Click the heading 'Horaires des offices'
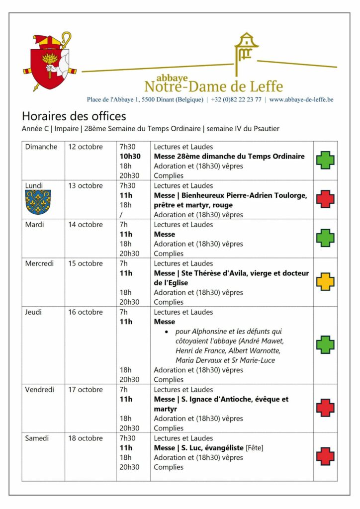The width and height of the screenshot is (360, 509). [x=74, y=116]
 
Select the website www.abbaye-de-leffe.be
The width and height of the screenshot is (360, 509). [x=301, y=99]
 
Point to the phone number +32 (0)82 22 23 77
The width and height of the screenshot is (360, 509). [x=236, y=99]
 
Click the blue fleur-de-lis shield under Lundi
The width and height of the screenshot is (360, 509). [x=38, y=200]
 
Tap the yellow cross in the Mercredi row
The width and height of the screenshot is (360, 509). [x=325, y=282]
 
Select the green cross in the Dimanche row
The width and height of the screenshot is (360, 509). [x=325, y=161]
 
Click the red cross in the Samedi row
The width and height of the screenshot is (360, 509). [x=325, y=456]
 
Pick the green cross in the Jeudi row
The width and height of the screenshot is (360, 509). [x=325, y=344]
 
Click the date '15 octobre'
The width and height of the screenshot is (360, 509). [x=86, y=263]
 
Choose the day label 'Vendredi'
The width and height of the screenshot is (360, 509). [x=40, y=390]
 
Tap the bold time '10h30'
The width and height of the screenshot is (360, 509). [x=130, y=157]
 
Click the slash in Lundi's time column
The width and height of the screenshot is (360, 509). [x=121, y=215]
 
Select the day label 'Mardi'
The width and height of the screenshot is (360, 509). [x=35, y=225]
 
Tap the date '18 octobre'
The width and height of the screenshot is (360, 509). [x=86, y=438]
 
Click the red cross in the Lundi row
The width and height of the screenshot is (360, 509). [x=325, y=199]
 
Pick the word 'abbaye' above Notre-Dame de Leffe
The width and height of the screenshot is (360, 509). [x=172, y=78]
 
